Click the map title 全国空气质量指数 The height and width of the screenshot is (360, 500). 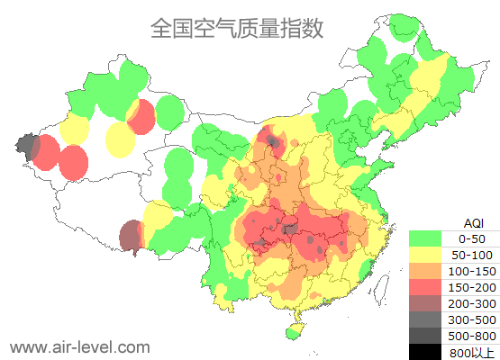(236, 28)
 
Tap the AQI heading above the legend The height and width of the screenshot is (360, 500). (473, 222)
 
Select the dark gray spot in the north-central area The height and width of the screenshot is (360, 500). (273, 139)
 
